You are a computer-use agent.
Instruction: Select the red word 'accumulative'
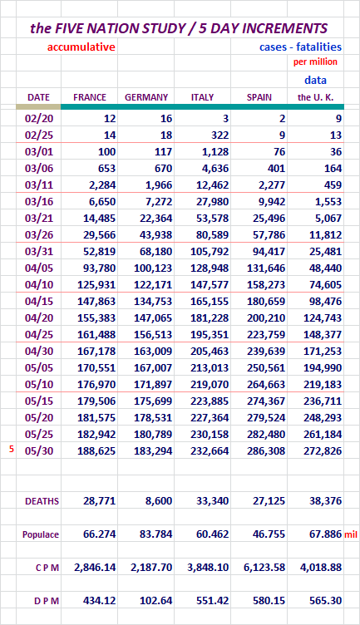(81, 47)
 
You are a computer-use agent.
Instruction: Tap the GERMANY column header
(146, 97)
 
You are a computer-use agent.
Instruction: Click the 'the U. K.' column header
(315, 97)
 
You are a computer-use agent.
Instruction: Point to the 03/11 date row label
(39, 185)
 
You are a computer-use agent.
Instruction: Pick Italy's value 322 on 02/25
(220, 135)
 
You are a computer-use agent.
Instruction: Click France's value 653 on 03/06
(107, 168)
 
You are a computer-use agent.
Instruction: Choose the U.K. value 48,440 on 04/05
(325, 268)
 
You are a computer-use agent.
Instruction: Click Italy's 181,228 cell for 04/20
(210, 318)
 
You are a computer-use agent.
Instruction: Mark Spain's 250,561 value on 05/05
(266, 368)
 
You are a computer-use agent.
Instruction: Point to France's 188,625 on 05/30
(96, 450)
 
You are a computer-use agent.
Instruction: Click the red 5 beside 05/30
(12, 449)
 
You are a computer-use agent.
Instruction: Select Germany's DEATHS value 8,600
(159, 500)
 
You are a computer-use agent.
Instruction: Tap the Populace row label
(41, 535)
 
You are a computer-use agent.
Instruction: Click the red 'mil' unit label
(351, 534)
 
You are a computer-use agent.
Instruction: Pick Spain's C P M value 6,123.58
(264, 567)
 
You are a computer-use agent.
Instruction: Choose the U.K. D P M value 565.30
(326, 601)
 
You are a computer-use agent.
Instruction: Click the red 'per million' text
(315, 62)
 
